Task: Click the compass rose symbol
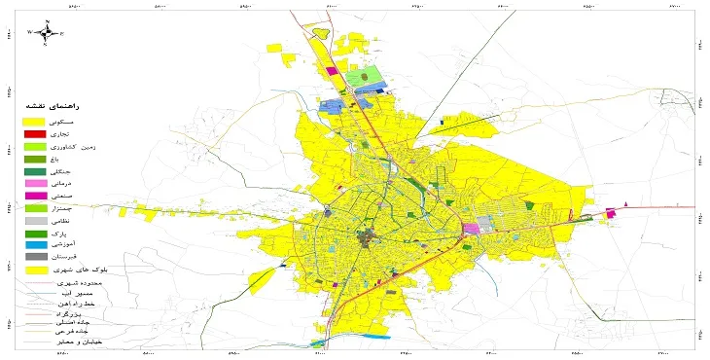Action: point(47,32)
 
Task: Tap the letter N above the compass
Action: point(47,20)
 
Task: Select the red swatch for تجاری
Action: point(35,133)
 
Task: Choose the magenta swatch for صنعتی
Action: point(35,196)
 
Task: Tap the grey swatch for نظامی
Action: point(35,221)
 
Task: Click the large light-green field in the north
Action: point(365,76)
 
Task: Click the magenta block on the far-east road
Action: point(612,213)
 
